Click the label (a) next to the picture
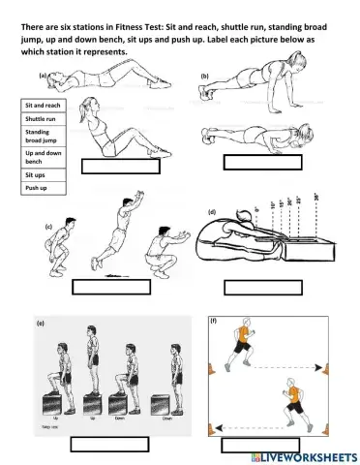[x=44, y=74]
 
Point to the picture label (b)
[x=205, y=75]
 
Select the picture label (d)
[x=212, y=210]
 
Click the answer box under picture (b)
[x=263, y=163]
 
